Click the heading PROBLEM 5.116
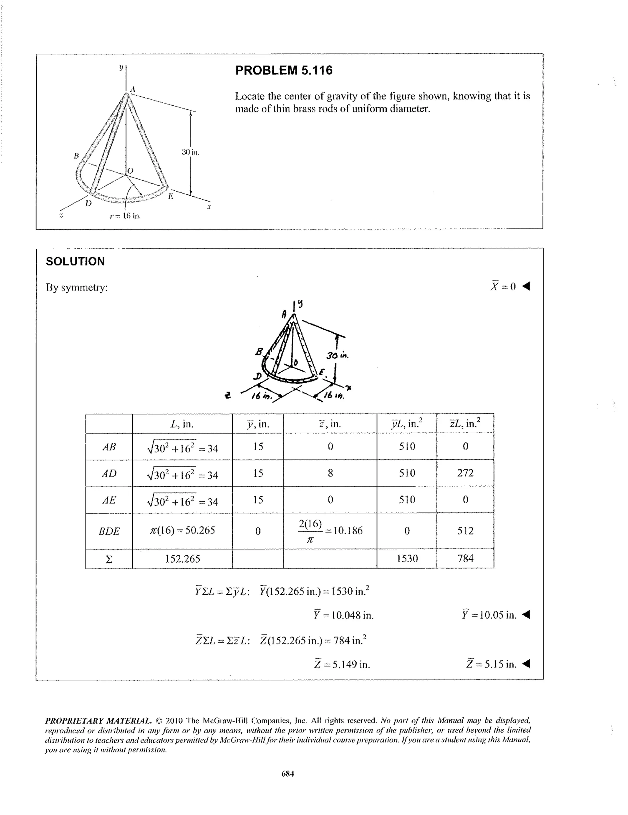coord(284,70)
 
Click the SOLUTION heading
coord(75,261)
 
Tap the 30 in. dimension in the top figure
coord(190,152)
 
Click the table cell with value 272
coord(465,473)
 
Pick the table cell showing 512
coord(465,531)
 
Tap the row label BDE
coord(109,531)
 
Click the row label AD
coord(109,473)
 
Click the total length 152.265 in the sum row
coord(182,559)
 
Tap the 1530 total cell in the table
coord(407,559)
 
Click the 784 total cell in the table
coord(465,559)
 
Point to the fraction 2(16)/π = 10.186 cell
coord(330,531)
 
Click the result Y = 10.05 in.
coord(489,614)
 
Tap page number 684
coord(288,774)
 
